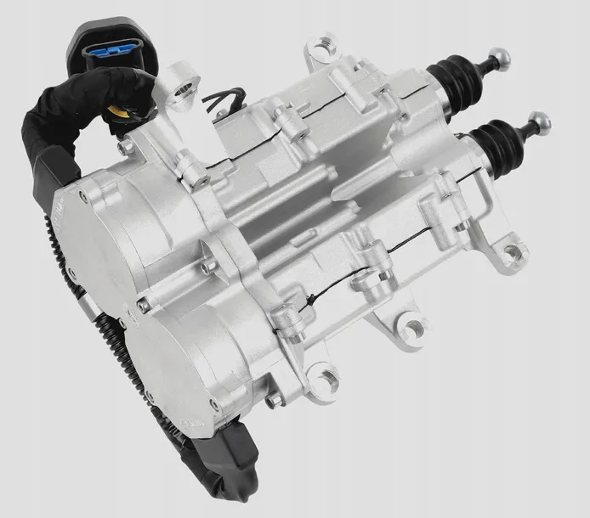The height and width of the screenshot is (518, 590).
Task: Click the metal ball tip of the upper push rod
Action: point(504,59)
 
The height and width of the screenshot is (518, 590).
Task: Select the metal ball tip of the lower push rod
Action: point(542,122)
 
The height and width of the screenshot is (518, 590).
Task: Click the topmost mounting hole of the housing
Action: point(325,43)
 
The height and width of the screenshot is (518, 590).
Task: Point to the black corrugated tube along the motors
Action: point(85,289)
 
